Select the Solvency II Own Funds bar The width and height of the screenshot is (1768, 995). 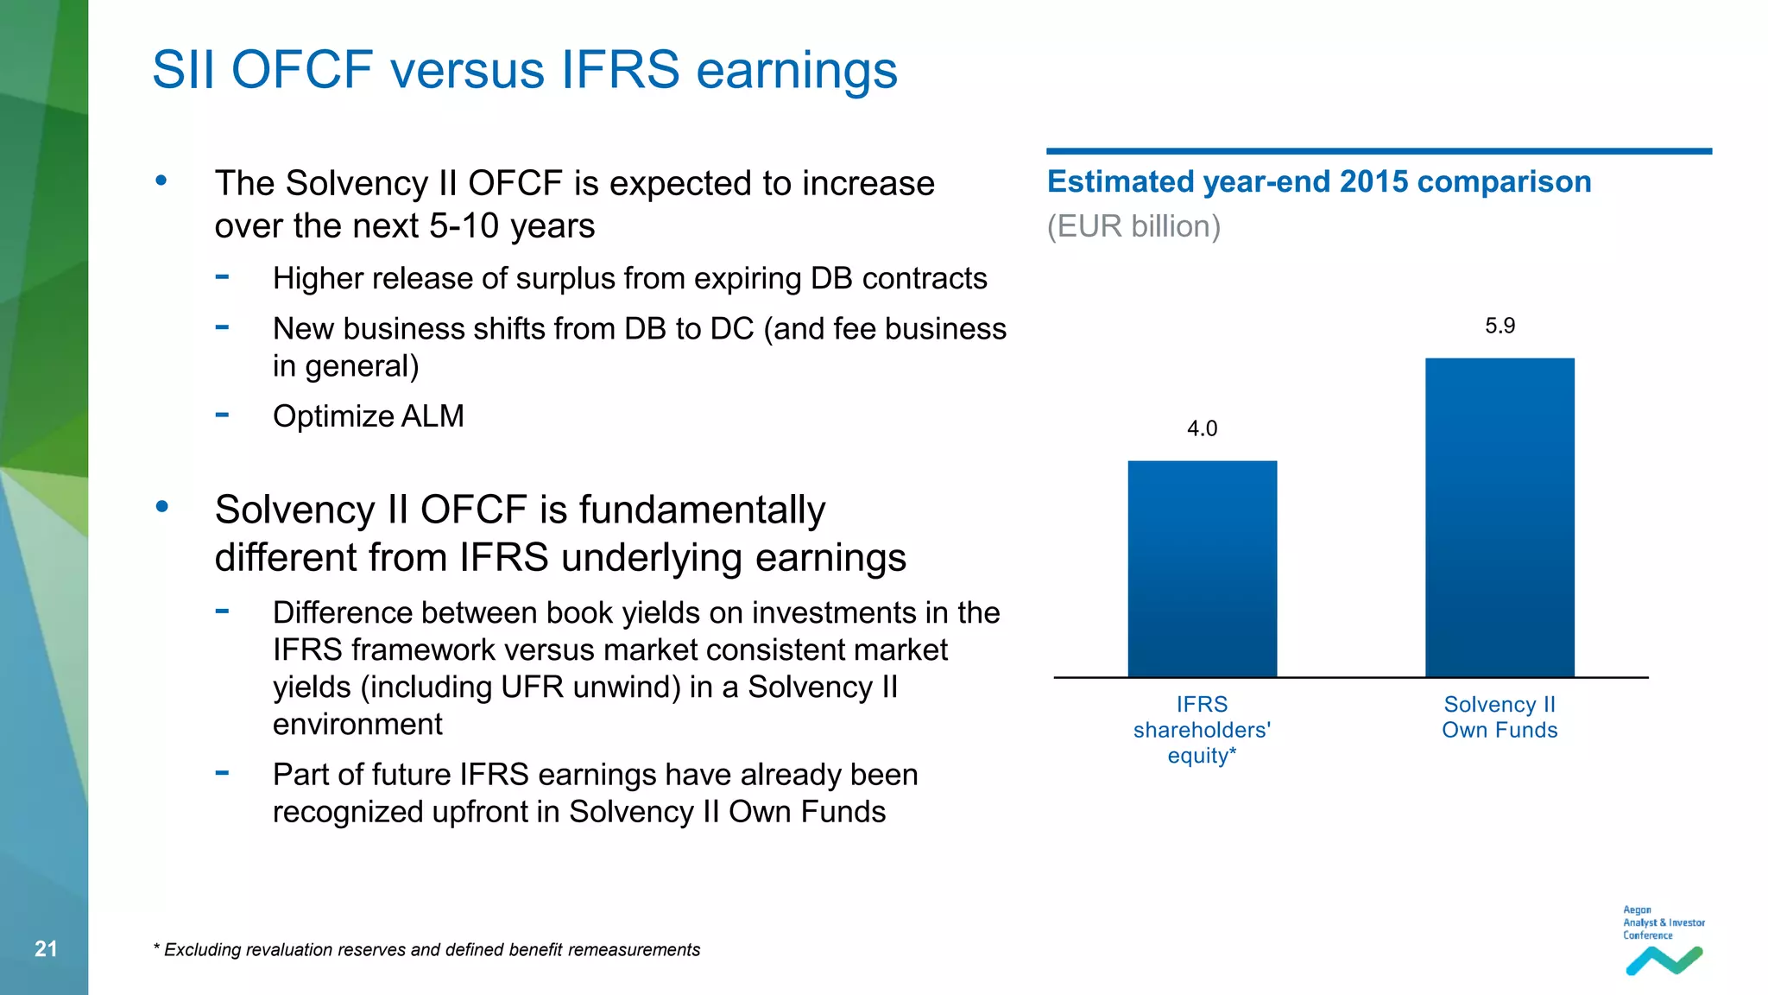pyautogui.click(x=1500, y=517)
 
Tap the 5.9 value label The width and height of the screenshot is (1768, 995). pyautogui.click(x=1500, y=326)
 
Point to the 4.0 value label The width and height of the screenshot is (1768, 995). pyautogui.click(x=1202, y=428)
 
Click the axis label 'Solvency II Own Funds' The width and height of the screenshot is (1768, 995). pyautogui.click(x=1500, y=717)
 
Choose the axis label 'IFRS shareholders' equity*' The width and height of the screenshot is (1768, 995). pyautogui.click(x=1202, y=730)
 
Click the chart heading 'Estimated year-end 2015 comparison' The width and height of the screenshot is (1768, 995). pyautogui.click(x=1318, y=182)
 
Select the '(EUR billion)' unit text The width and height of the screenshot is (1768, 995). pyautogui.click(x=1133, y=226)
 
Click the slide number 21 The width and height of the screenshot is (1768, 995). pyautogui.click(x=46, y=949)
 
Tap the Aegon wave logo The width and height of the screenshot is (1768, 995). pyautogui.click(x=1664, y=960)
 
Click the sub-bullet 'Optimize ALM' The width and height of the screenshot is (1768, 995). pyautogui.click(x=368, y=416)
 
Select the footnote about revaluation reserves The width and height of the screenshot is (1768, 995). pyautogui.click(x=426, y=950)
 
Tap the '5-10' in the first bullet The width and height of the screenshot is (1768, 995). pyautogui.click(x=464, y=226)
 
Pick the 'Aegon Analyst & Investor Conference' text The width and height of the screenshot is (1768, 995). pyautogui.click(x=1663, y=922)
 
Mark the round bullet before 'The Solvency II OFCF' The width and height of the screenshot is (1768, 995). pyautogui.click(x=161, y=181)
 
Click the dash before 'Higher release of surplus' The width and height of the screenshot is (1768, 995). pyautogui.click(x=223, y=277)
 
